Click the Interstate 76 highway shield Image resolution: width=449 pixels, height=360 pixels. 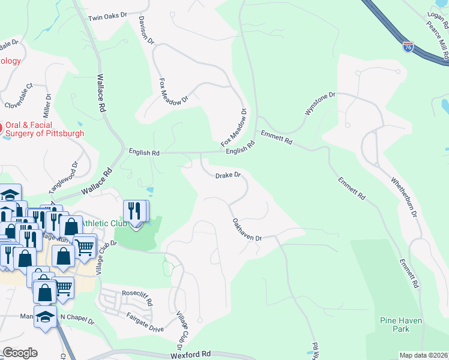click(x=408, y=46)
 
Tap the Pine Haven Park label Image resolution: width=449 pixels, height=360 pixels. click(x=402, y=325)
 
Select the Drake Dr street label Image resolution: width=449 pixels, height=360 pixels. click(x=228, y=175)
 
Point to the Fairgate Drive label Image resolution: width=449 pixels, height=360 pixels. click(x=145, y=322)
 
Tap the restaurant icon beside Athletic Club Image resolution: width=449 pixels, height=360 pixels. click(x=134, y=212)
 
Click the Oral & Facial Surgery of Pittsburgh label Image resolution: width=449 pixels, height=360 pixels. click(x=45, y=129)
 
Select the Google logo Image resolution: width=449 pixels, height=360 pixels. click(x=19, y=353)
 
